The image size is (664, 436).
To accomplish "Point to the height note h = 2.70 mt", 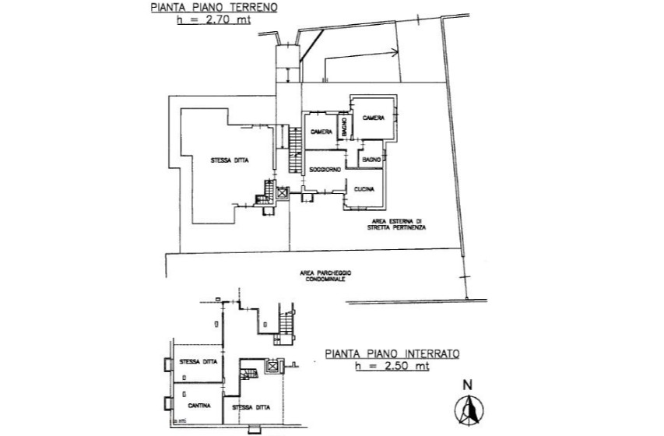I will tap(214, 21).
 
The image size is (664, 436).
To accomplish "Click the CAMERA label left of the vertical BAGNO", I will tap(321, 132).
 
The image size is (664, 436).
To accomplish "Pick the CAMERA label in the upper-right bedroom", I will tap(373, 118).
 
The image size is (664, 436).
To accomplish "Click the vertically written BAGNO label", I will tap(343, 132).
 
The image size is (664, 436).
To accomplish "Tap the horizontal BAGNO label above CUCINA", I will tap(371, 160).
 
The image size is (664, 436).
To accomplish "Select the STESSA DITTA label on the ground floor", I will tap(230, 161).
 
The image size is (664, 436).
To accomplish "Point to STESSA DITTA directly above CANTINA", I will tap(198, 361).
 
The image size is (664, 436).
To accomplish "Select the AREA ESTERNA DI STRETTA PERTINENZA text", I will tap(397, 225).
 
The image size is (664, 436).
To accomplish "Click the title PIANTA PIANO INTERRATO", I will tap(392, 353).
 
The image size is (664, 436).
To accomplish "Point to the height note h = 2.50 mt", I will tap(392, 365).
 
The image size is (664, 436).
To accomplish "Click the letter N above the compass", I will tap(468, 384).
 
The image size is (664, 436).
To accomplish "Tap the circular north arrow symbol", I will tap(468, 410).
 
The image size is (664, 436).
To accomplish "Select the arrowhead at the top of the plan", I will tap(395, 53).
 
